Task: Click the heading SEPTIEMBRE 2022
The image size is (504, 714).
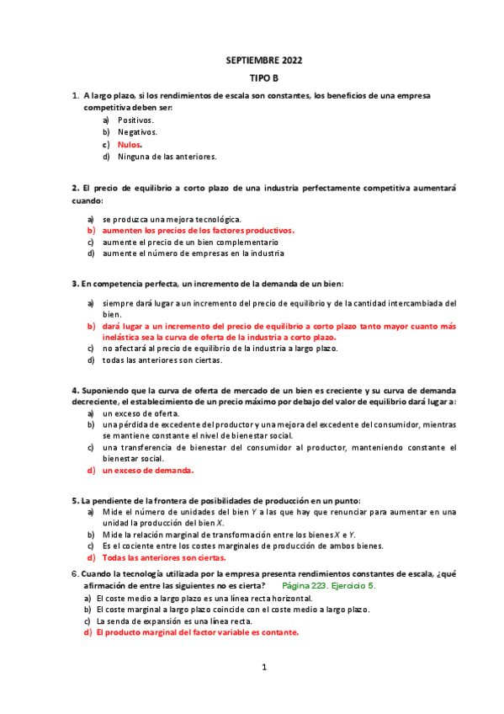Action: click(264, 61)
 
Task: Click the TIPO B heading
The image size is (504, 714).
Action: click(264, 78)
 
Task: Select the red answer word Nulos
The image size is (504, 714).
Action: click(130, 145)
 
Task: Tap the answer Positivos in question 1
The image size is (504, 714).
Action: click(135, 120)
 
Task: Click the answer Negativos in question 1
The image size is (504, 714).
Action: click(137, 132)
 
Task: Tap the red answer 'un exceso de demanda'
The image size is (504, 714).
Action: click(148, 471)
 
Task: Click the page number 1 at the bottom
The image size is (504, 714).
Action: click(263, 668)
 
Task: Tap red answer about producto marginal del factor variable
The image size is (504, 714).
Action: click(198, 632)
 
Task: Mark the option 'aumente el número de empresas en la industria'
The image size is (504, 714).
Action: click(193, 253)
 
